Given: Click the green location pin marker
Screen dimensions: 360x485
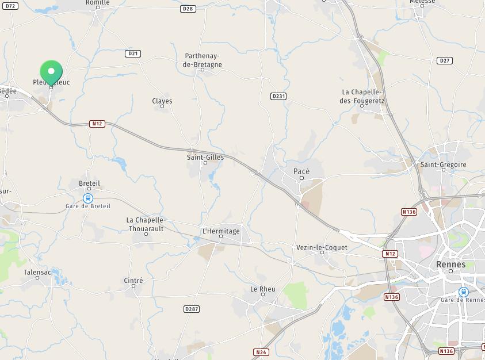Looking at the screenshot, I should point(51,73).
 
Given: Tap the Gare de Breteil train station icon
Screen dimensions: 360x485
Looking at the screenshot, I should point(88,198).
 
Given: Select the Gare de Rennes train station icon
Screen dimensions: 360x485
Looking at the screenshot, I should point(463,292).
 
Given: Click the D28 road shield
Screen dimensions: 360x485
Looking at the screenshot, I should point(188,9).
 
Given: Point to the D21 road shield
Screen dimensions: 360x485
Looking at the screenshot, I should point(133,53).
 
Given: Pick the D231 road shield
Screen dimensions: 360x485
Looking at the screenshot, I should point(278,96).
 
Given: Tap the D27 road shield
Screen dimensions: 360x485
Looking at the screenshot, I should point(444,60).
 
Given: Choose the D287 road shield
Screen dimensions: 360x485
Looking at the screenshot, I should point(192,309).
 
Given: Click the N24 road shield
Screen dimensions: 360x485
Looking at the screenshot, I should point(261,352).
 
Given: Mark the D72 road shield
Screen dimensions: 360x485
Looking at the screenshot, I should point(10,6).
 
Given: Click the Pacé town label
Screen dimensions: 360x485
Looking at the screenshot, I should point(301,171).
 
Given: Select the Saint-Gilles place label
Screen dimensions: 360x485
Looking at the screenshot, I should point(205,157).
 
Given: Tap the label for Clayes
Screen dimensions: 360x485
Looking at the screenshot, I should point(162,101).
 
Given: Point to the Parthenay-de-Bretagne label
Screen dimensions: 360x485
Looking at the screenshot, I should point(203,60).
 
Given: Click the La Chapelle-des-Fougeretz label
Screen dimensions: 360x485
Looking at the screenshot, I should point(362,96).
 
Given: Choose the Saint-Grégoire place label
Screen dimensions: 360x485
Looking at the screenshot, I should point(443,164).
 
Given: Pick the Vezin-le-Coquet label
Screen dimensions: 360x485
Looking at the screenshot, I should point(322,247).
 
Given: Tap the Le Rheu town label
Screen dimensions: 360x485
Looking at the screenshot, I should point(263,289).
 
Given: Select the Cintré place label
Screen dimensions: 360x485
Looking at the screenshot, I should point(133,280).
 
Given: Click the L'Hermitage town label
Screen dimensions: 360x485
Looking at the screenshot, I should point(221,231).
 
